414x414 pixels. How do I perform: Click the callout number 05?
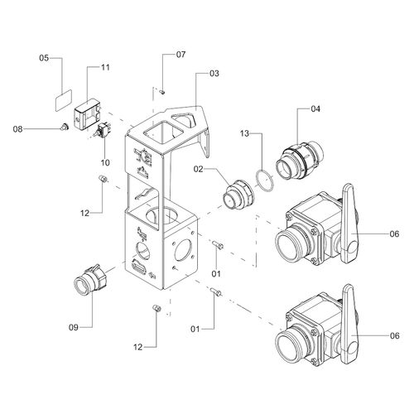(x=44, y=58)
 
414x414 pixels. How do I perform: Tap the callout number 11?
(x=105, y=67)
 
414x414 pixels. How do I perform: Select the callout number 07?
(x=181, y=55)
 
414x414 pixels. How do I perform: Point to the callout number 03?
(x=214, y=73)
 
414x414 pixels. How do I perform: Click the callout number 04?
(x=315, y=109)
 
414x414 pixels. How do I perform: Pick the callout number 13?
(x=244, y=133)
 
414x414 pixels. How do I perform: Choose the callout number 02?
(x=198, y=169)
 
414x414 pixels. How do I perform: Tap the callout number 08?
(x=18, y=129)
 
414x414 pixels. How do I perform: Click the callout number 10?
(x=105, y=162)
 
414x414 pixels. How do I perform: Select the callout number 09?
(x=74, y=327)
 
